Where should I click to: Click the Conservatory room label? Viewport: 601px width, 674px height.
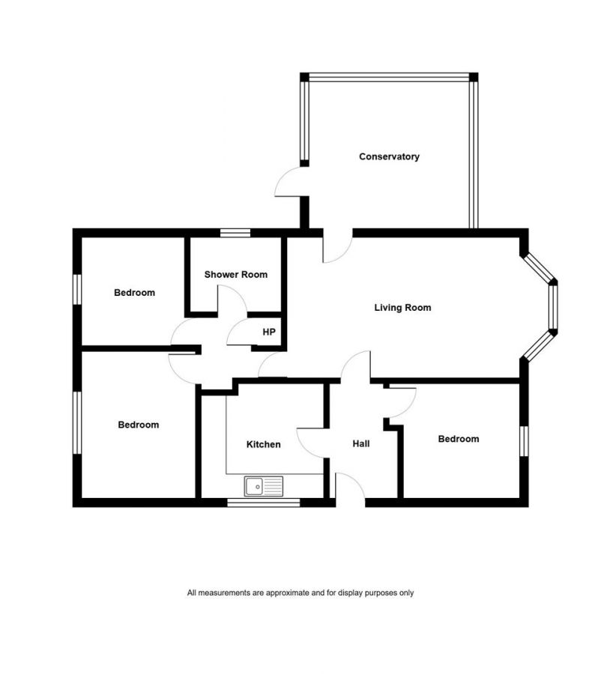pos(389,157)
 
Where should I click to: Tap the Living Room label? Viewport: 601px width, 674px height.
pos(402,307)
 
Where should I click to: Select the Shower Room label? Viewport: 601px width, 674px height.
pos(235,274)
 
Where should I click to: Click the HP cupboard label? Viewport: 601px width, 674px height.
pos(268,332)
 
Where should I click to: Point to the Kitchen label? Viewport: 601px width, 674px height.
pos(264,444)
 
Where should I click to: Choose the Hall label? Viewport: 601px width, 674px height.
pos(361,443)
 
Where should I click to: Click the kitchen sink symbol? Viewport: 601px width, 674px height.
pos(264,487)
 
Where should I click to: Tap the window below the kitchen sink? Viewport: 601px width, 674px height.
pos(264,503)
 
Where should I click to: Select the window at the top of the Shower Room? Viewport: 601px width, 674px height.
pos(235,233)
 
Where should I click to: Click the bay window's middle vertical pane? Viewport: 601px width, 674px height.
pos(553,307)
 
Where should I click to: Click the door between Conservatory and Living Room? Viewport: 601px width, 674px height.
pos(337,247)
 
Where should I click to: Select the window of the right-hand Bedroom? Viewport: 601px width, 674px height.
pos(524,440)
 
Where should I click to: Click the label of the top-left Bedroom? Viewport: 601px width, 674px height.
pos(134,292)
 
